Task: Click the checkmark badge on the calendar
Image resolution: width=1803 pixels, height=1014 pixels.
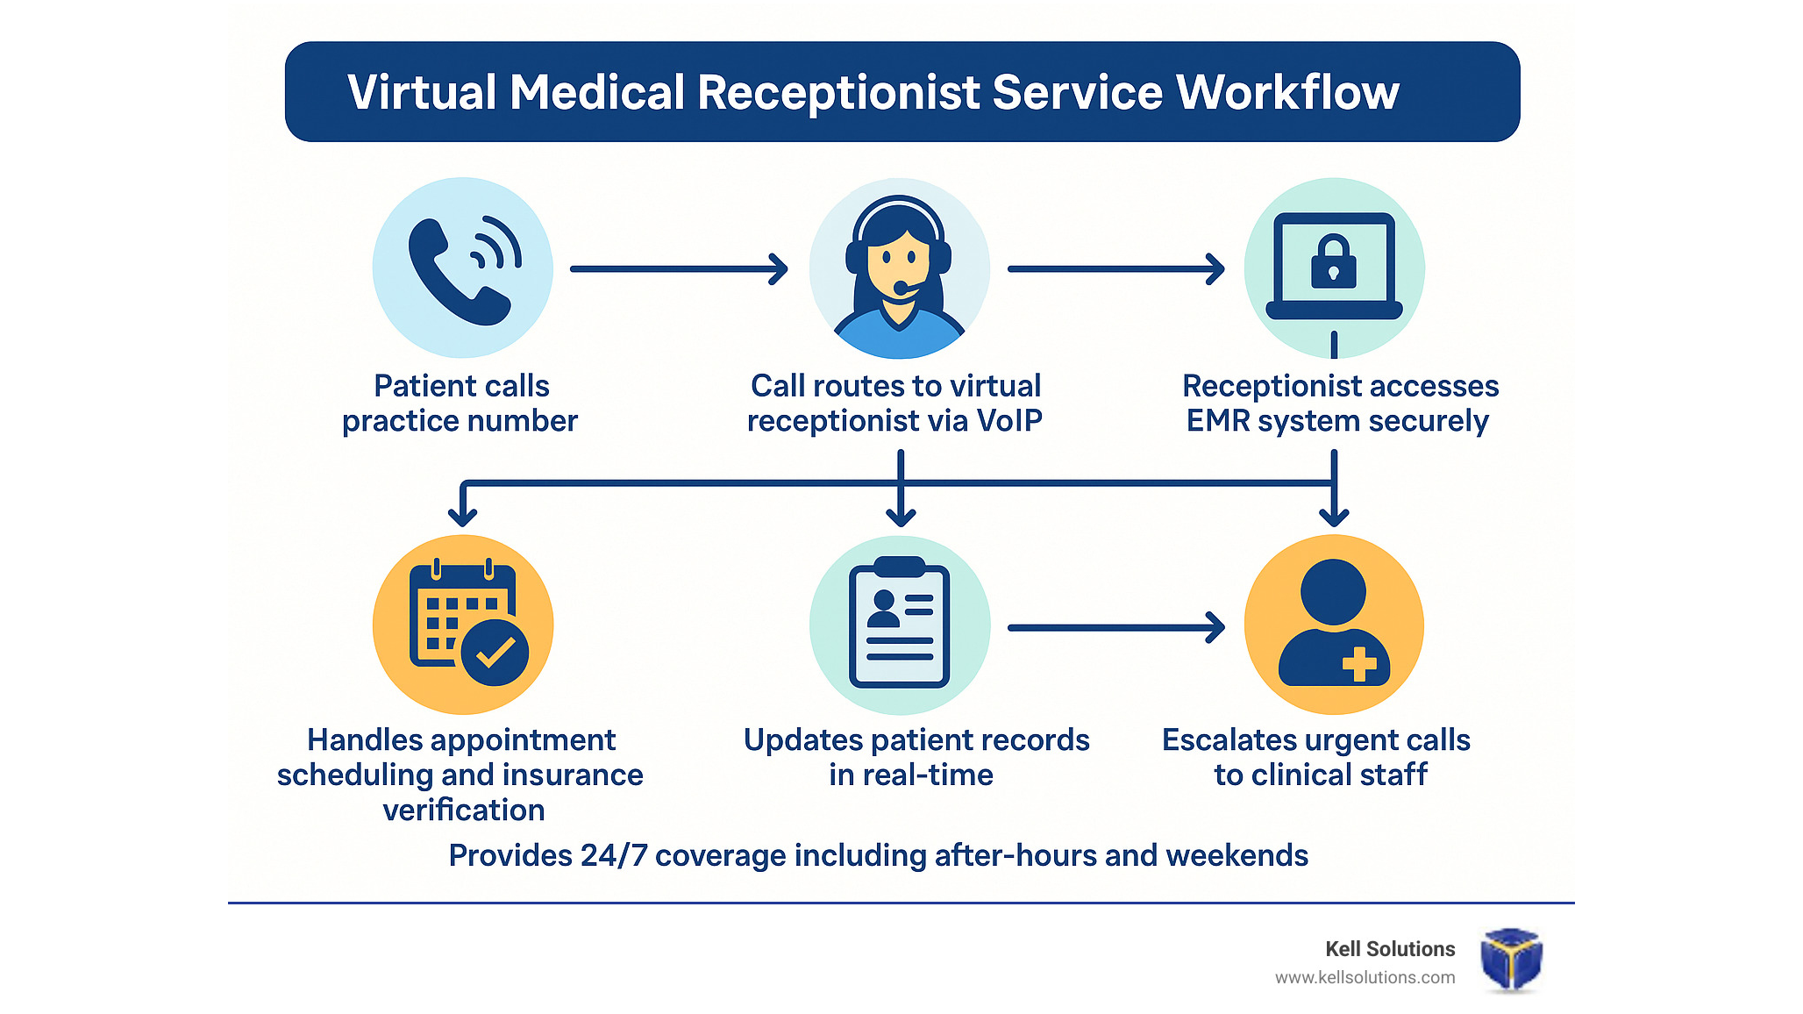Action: pos(495,652)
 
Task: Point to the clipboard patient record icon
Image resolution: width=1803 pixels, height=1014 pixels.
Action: pos(900,625)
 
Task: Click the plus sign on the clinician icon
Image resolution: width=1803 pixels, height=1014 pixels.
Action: pos(1359,663)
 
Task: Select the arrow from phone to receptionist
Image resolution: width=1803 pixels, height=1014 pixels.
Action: pos(679,269)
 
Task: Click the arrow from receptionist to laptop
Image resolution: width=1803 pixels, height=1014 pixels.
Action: pos(1115,269)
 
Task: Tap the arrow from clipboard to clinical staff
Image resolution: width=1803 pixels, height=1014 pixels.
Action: pos(1115,627)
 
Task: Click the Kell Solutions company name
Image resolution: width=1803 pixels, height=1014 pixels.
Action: pos(1390,949)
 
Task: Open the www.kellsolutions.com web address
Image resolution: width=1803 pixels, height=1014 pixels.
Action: pos(1365,977)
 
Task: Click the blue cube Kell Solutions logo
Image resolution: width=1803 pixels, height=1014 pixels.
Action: pos(1511,960)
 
